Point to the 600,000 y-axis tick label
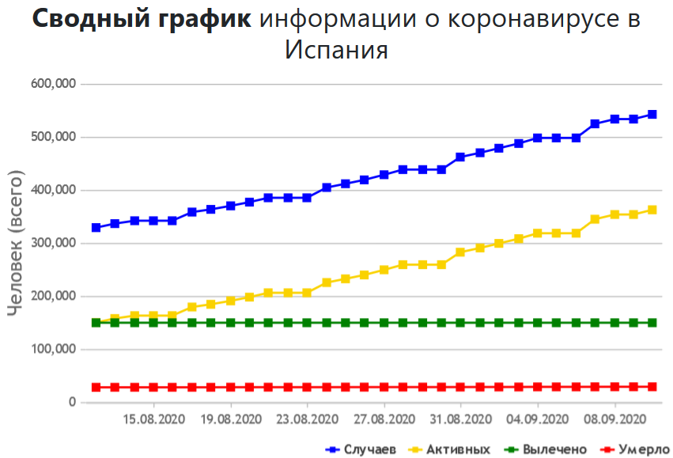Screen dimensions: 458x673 pyautogui.click(x=54, y=84)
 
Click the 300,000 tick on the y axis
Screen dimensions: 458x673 pyautogui.click(x=54, y=243)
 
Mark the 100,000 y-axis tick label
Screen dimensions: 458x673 pyautogui.click(x=54, y=349)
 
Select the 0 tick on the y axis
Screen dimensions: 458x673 pyautogui.click(x=72, y=402)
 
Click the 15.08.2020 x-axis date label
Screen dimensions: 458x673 pyautogui.click(x=153, y=418)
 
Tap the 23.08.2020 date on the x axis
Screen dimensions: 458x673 pyautogui.click(x=308, y=418)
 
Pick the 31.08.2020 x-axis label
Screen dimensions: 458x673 pyautogui.click(x=461, y=418)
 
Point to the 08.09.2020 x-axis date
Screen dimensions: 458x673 pyautogui.click(x=614, y=418)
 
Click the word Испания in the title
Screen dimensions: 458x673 pyautogui.click(x=336, y=50)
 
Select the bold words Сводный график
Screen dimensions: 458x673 pyautogui.click(x=142, y=19)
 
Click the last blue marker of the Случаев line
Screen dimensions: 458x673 pyautogui.click(x=652, y=114)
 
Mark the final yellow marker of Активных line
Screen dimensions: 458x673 pyautogui.click(x=652, y=210)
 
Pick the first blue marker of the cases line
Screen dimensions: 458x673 pyautogui.click(x=96, y=227)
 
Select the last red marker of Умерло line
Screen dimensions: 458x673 pyautogui.click(x=652, y=387)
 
